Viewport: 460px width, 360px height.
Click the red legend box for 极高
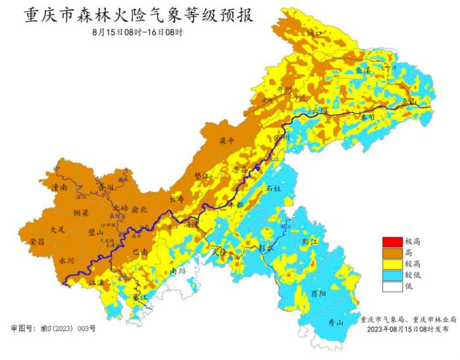pos(392,242)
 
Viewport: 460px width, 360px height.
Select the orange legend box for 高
pos(392,252)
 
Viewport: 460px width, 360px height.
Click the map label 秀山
pos(336,322)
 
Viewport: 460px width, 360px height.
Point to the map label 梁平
pos(227,141)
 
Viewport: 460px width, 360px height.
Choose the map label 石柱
pos(274,189)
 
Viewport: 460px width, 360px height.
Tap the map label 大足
pos(58,229)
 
